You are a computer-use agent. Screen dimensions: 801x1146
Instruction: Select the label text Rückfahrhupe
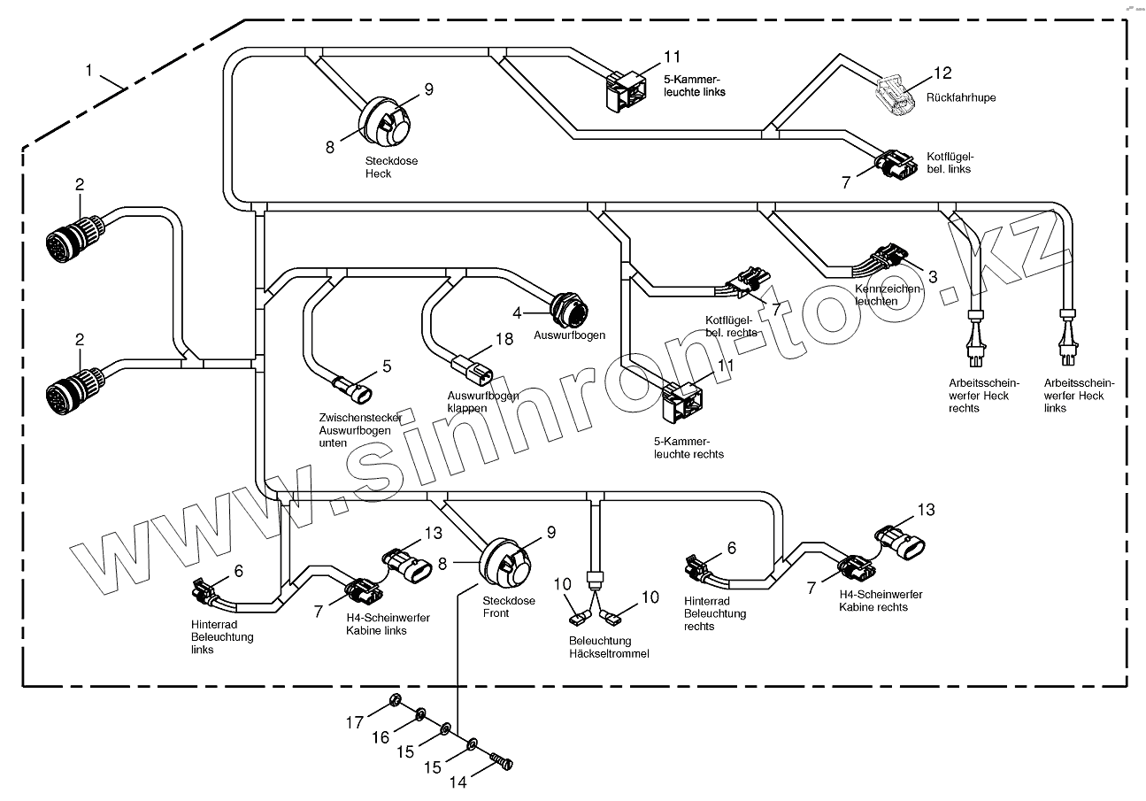click(960, 97)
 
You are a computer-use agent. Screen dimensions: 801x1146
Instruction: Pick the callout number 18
click(504, 339)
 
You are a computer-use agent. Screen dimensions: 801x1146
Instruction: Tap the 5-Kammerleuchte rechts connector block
click(682, 402)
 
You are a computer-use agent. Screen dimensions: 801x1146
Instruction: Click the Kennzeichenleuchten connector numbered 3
click(886, 258)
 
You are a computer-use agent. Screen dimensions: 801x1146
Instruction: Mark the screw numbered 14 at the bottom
click(504, 760)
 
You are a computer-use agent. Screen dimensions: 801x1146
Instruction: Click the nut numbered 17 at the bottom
click(397, 704)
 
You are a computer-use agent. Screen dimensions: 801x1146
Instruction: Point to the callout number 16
click(380, 737)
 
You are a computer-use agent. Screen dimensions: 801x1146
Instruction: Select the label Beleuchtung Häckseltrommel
click(610, 647)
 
